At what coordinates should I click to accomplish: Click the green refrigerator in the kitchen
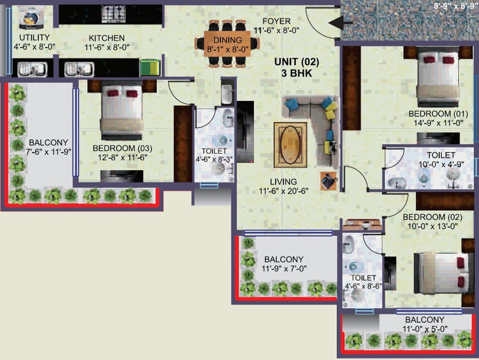(x=150, y=67)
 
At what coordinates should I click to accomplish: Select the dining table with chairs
(x=227, y=43)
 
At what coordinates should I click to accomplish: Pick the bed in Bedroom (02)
(x=441, y=272)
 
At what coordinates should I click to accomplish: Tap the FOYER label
(x=276, y=22)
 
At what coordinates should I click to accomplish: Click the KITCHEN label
(x=107, y=38)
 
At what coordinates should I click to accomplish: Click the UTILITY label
(x=34, y=37)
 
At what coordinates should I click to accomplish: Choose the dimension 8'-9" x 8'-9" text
(x=455, y=6)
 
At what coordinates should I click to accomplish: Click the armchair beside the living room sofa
(x=329, y=180)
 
